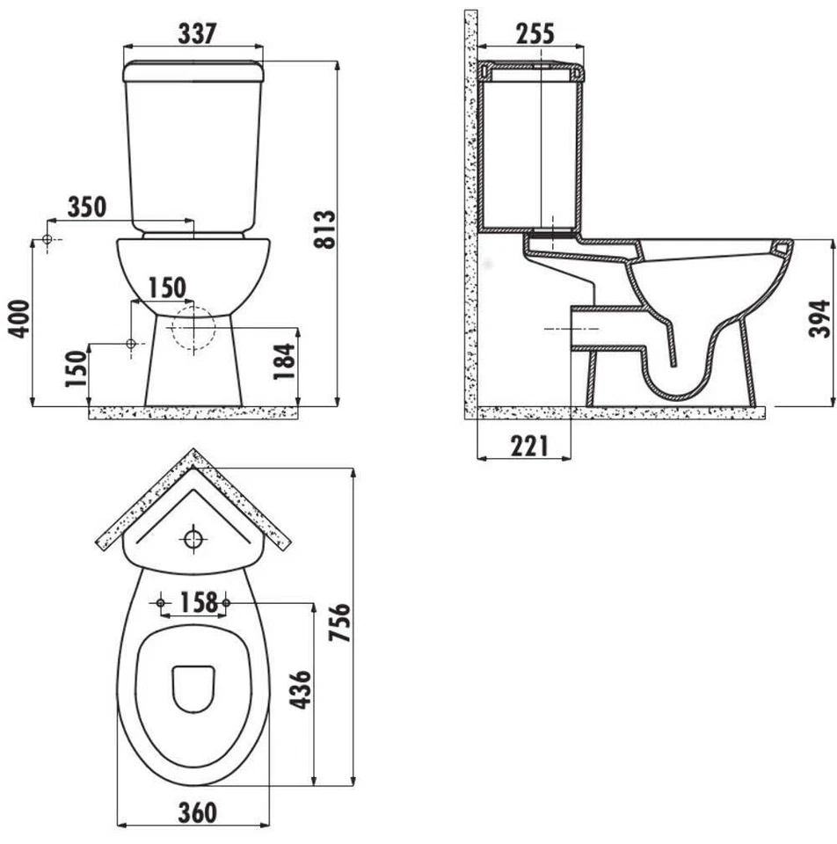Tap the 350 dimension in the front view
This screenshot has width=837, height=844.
pyautogui.click(x=88, y=207)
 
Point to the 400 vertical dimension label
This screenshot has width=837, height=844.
pyautogui.click(x=20, y=317)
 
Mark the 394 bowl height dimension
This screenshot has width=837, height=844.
pyautogui.click(x=819, y=322)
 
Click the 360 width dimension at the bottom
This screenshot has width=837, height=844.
pyautogui.click(x=196, y=813)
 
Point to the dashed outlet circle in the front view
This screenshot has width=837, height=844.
pyautogui.click(x=193, y=329)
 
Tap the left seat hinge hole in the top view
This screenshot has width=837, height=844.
pyautogui.click(x=161, y=602)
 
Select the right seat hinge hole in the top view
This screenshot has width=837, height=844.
pyautogui.click(x=227, y=602)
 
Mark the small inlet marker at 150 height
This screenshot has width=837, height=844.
pyautogui.click(x=130, y=344)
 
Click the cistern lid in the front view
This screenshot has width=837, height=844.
pyautogui.click(x=194, y=69)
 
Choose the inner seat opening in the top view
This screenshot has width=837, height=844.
pyautogui.click(x=193, y=688)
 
